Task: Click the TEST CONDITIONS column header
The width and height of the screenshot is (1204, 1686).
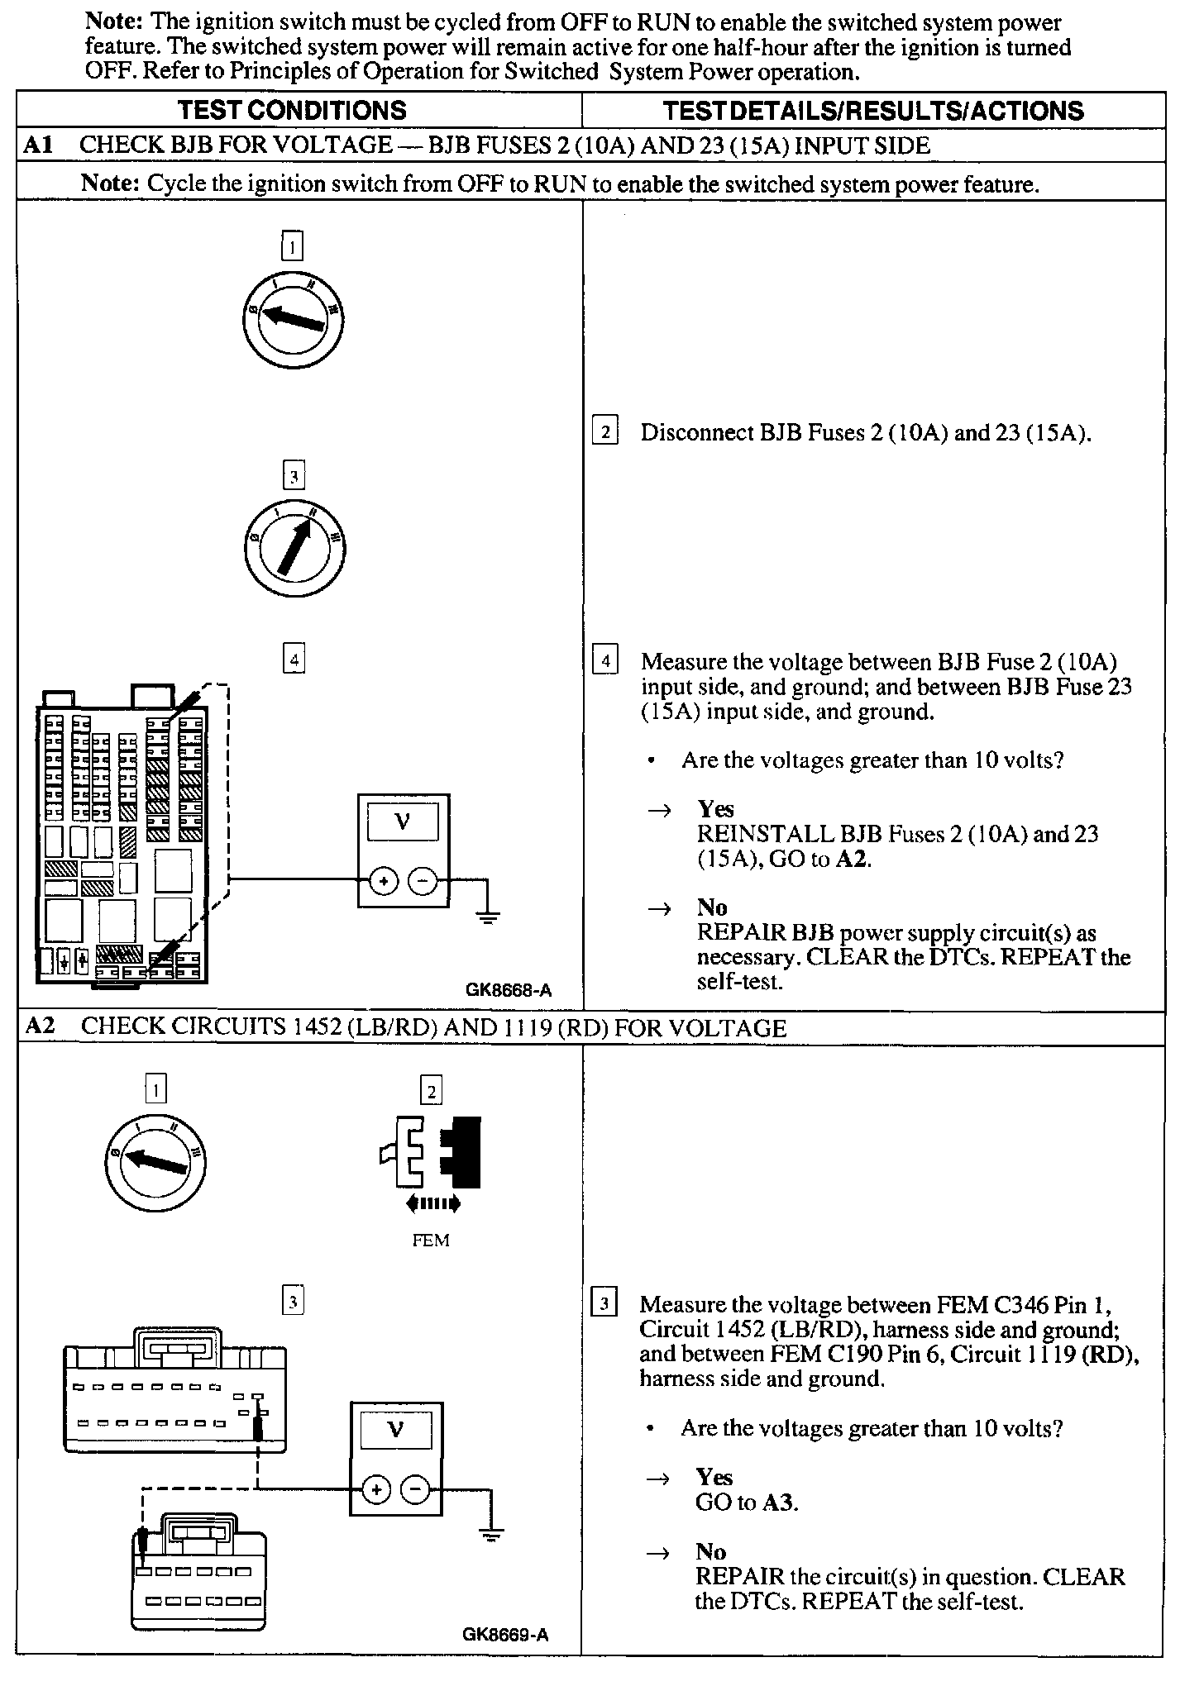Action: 293,111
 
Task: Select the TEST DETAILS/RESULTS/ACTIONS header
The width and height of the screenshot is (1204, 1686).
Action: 873,111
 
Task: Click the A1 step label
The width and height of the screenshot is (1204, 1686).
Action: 38,145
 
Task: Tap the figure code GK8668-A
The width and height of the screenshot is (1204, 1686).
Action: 508,989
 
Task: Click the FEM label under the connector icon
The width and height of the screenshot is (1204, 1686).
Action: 430,1240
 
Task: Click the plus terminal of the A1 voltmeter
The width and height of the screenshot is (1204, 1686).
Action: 383,883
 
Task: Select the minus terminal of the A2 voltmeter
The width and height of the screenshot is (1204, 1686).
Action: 415,1489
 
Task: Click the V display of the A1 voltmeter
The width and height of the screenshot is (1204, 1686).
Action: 404,822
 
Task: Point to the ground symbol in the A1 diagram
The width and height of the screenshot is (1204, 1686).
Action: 488,916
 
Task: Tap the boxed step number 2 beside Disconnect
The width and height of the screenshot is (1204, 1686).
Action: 605,431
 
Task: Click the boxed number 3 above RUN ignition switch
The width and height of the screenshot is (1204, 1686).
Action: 294,476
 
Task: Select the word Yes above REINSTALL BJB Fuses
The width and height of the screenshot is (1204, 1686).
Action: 715,808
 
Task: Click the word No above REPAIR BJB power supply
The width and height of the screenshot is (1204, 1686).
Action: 711,907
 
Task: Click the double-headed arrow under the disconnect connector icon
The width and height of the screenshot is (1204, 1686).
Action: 432,1204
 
